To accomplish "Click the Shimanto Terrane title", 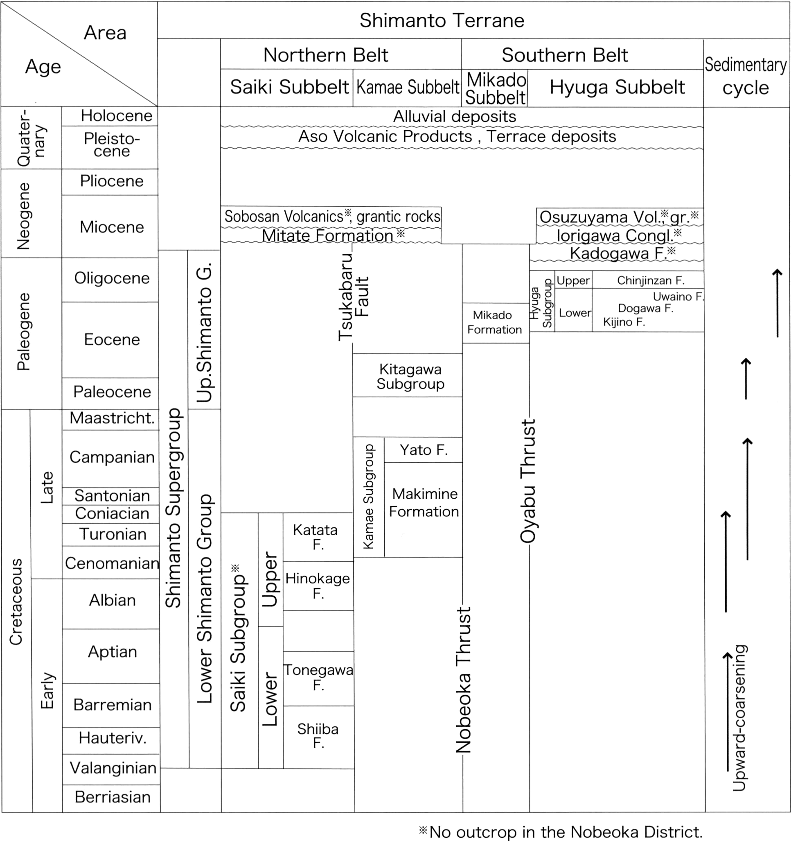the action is pos(442,20).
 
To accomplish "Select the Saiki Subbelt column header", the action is pos(290,87).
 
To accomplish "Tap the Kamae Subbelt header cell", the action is pos(408,87).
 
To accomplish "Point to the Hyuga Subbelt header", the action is pos(617,87).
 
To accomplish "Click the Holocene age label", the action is pos(117,115).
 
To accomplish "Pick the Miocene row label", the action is pos(112,227).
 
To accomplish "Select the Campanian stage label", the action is pos(112,457).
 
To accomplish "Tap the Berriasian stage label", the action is pos(113,797).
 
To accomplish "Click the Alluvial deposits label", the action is pos(455,116).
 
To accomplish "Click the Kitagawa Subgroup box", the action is pos(408,375).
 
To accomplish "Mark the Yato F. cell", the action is pos(423,449).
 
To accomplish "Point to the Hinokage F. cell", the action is pos(318,586).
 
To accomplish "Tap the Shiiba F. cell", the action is pos(318,737).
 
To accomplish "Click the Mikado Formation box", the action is pos(496,323).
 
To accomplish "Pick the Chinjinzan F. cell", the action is pos(650,280).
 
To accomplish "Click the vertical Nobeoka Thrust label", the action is pos(463,680).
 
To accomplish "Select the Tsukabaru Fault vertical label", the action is pos(354,296).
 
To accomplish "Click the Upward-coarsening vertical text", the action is pos(740,718).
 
